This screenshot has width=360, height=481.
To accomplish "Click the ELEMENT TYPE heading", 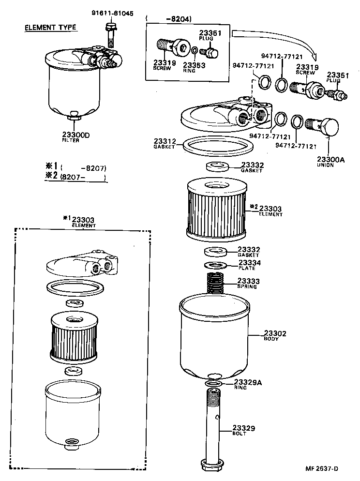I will click(x=50, y=27).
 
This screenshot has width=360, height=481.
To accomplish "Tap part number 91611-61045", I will click(x=112, y=13).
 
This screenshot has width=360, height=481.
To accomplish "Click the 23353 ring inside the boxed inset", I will click(x=194, y=50).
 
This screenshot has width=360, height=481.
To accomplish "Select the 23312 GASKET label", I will click(x=165, y=144).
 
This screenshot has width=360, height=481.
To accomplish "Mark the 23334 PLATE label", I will click(x=249, y=265).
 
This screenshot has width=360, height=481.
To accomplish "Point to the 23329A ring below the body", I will click(x=212, y=384).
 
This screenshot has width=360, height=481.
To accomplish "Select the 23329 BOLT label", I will click(x=243, y=430).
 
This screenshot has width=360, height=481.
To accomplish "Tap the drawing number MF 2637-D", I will click(x=321, y=468).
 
